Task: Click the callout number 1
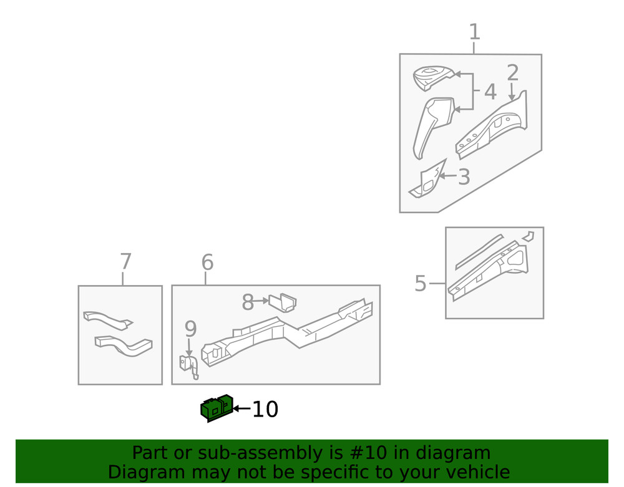tap(474, 32)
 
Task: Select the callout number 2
tap(512, 73)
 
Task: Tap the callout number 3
tap(464, 177)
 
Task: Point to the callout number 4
tap(490, 92)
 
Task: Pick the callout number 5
tap(421, 284)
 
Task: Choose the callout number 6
tap(207, 263)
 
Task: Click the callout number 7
tap(125, 262)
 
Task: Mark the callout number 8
tap(248, 303)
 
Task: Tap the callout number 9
tap(190, 329)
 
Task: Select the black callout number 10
tap(265, 410)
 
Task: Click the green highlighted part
tap(217, 408)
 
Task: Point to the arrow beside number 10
tap(241, 409)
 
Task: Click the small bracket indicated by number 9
tap(189, 365)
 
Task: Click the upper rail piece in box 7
tap(107, 319)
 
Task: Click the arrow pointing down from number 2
tap(512, 93)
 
